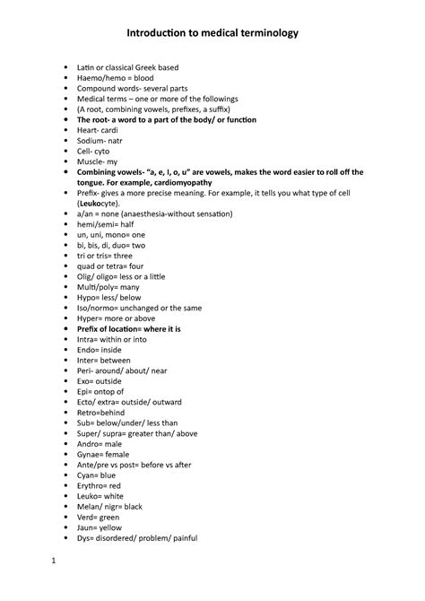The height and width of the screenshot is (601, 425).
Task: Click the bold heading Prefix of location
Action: tap(127, 329)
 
